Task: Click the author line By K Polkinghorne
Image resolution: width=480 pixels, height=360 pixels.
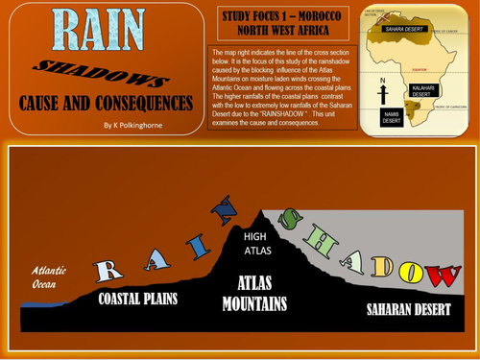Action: click(139, 125)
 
